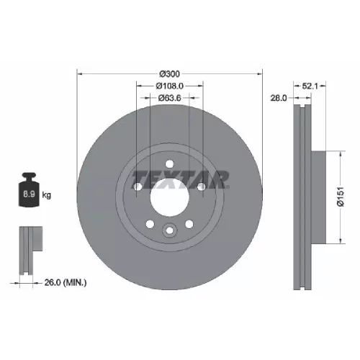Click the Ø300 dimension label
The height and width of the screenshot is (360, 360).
(x=169, y=74)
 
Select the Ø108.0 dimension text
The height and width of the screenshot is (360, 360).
(x=170, y=86)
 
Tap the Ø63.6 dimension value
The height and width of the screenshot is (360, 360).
(x=170, y=98)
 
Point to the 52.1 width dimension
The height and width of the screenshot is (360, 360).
(x=310, y=86)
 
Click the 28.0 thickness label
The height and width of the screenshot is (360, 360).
(x=279, y=98)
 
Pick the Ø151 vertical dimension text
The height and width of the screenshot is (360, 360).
(x=341, y=197)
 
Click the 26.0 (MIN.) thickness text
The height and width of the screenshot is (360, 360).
(x=66, y=282)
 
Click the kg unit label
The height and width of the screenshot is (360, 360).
(x=47, y=195)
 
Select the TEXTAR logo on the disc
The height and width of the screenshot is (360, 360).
(x=180, y=179)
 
